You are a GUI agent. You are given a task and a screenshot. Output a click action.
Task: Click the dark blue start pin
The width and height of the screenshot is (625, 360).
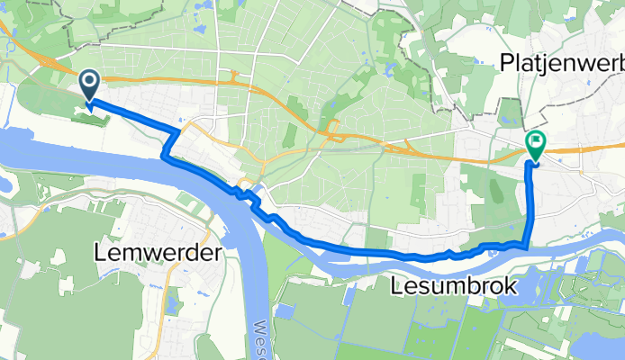click(91, 85)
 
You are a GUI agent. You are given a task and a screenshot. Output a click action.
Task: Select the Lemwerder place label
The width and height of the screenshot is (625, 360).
click(158, 255)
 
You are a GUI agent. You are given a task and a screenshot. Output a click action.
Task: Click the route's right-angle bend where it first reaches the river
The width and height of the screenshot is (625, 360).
click(165, 157)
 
